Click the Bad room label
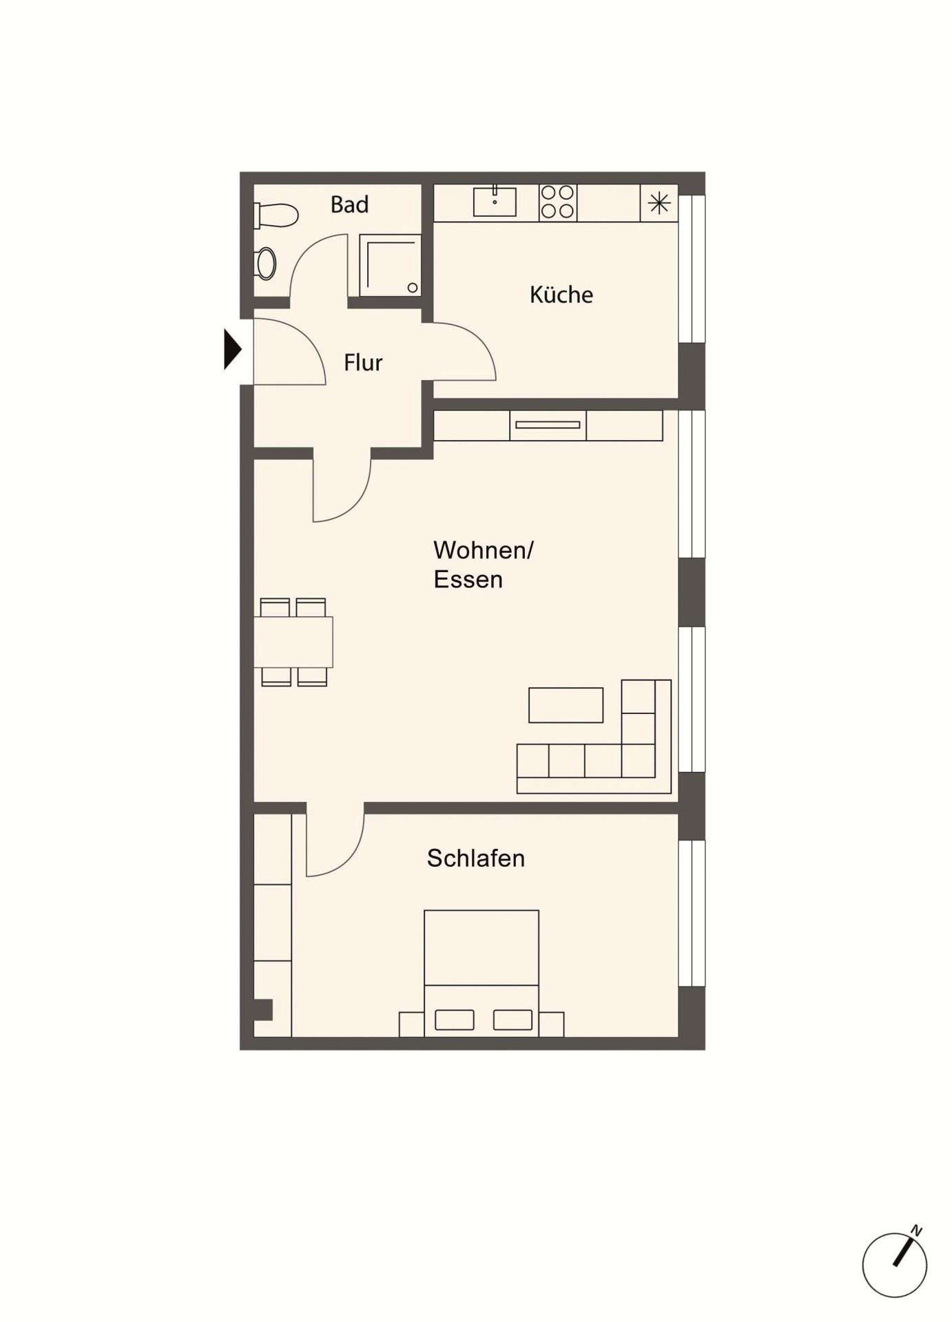[349, 204]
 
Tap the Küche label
[561, 295]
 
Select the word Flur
[363, 362]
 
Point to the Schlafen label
[476, 858]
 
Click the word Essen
[468, 579]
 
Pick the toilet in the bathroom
[276, 215]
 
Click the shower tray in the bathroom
[390, 265]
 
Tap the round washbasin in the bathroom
[265, 264]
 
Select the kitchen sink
[495, 201]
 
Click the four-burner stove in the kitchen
[558, 202]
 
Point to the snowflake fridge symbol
[659, 203]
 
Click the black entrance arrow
[233, 350]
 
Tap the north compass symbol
[894, 1263]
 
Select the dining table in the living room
[293, 642]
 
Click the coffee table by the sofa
[566, 705]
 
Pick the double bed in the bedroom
[482, 973]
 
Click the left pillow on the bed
[455, 1020]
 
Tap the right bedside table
[551, 1025]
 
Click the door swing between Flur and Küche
[475, 342]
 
